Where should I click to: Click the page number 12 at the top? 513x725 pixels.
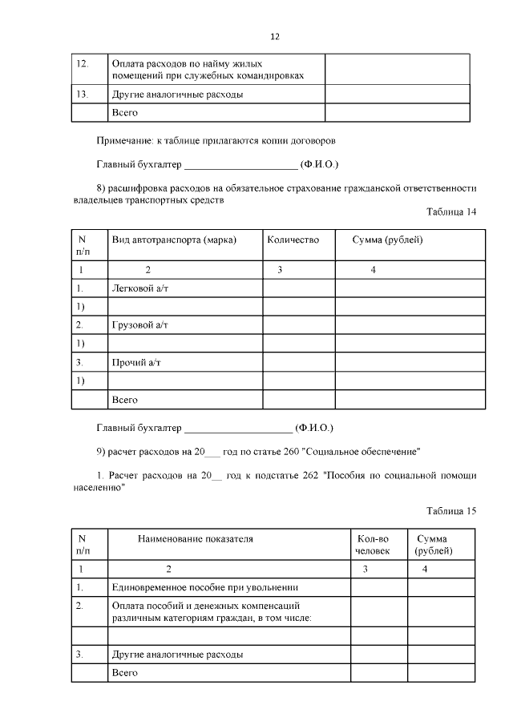pos(275,37)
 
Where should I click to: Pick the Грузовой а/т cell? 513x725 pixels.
pos(139,324)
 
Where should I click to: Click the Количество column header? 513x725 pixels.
pos(293,240)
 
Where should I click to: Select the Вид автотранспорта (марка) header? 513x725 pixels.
pos(174,240)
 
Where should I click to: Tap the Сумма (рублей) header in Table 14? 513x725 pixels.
pos(387,240)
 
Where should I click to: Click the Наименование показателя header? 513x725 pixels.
pos(196,539)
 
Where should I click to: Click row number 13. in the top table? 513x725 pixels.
pos(81,94)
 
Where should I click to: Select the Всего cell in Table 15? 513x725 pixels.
pos(125,673)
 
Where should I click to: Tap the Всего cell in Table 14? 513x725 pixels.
pos(125,399)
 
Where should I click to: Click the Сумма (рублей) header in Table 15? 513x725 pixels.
pos(434,545)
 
